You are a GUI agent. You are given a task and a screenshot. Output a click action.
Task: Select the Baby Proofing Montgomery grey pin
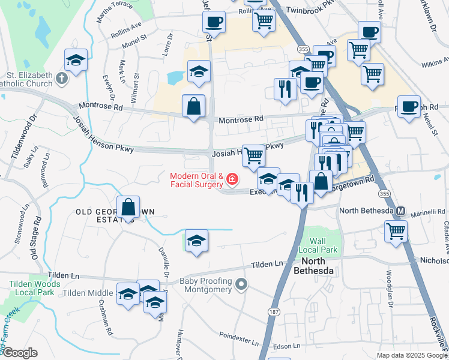coord(241,284)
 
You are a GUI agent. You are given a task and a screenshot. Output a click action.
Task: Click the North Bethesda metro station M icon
coord(400,211)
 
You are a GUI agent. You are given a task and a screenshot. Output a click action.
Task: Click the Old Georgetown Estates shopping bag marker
coord(128,208)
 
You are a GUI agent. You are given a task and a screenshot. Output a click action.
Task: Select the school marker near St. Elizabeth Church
coord(76,61)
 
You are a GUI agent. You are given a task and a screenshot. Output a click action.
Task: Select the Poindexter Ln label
coord(238,339)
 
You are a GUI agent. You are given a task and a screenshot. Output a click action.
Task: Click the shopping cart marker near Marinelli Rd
coord(396,230)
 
